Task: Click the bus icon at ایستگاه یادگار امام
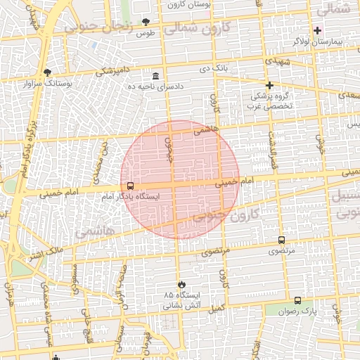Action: [130, 186]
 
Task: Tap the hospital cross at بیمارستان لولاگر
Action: [317, 30]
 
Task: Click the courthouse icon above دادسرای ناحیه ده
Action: [155, 75]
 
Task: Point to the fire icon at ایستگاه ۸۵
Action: [182, 283]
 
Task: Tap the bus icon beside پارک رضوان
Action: [297, 300]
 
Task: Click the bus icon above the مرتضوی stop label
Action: [282, 240]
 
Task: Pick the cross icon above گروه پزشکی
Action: [269, 85]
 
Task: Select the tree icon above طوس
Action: [146, 22]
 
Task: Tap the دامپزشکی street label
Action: [112, 71]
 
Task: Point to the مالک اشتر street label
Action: [48, 250]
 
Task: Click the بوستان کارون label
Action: [189, 4]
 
